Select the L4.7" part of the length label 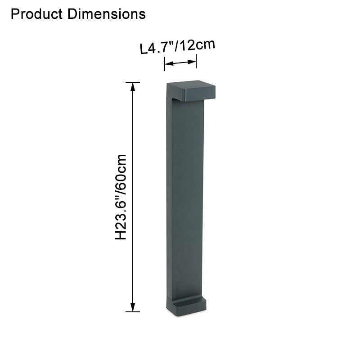point(157,47)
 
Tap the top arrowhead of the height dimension point(132,86)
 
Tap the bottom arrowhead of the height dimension point(132,307)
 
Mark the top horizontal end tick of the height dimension point(132,82)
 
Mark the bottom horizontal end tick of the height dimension point(132,311)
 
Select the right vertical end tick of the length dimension point(196,61)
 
